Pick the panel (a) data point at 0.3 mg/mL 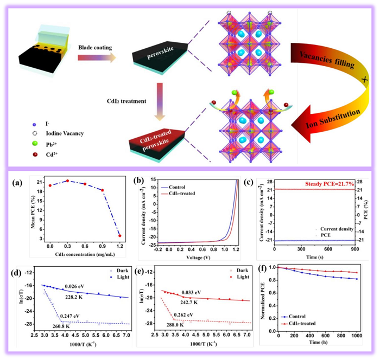(x=67, y=181)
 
